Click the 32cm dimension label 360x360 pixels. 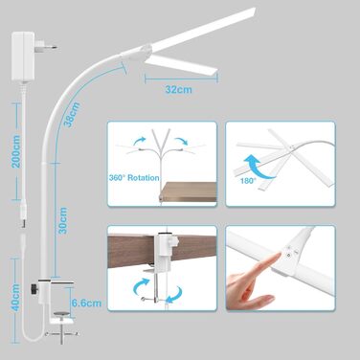pos(179,89)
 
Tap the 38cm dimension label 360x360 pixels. pos(73,114)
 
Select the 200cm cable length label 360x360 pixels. pos(15,151)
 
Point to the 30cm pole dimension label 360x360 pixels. pos(63,220)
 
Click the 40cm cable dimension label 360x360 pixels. pos(15,298)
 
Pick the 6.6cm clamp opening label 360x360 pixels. pos(86,303)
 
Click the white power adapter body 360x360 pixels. pos(23,56)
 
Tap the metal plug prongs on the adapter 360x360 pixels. pos(46,45)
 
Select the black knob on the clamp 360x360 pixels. pos(34,288)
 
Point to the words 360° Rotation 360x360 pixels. pos(134,178)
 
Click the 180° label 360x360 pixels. pos(248,181)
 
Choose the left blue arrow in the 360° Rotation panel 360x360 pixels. pos(140,142)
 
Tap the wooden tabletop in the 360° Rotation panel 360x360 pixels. pos(189,191)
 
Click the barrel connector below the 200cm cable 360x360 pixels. pos(23,213)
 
